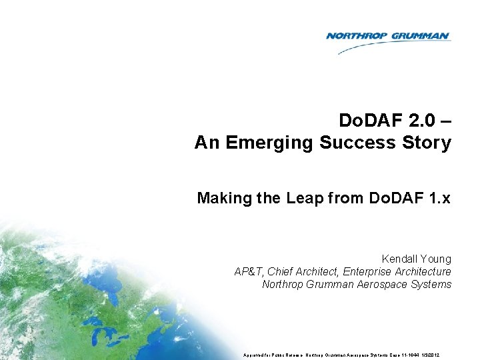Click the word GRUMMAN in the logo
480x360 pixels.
pos(418,36)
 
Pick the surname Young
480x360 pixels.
pos(437,259)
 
